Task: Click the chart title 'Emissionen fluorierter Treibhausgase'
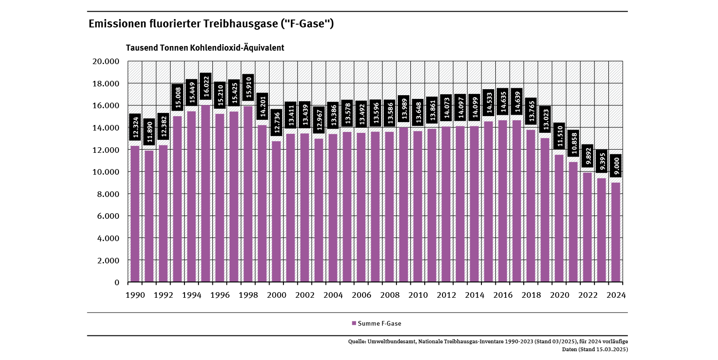[x=211, y=24]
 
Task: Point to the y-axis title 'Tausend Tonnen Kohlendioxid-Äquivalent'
[x=205, y=48]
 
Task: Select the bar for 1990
[x=135, y=214]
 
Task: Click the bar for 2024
[x=615, y=232]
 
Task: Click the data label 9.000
[x=615, y=166]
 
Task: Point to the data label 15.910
[x=248, y=87]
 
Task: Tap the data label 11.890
[x=149, y=131]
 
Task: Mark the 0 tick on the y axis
[x=117, y=282]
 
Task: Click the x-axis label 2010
[x=418, y=295]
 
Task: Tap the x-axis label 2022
[x=587, y=295]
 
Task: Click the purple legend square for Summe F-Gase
[x=354, y=323]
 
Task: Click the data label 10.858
[x=573, y=143]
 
